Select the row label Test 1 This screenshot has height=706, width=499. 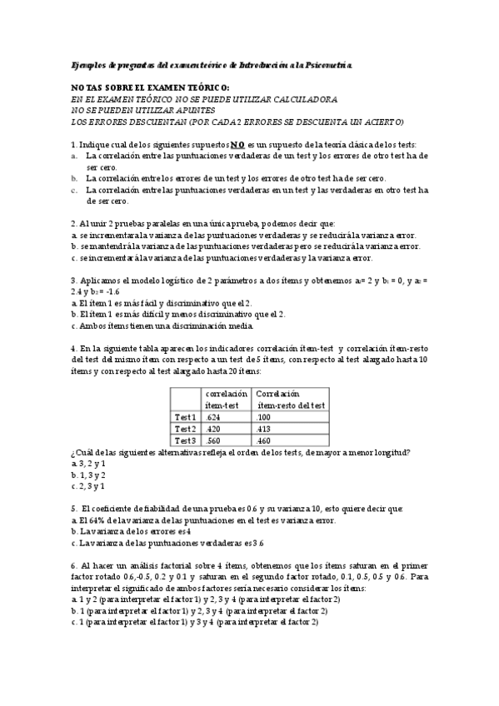coord(185,416)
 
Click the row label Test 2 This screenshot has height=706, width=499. coord(185,428)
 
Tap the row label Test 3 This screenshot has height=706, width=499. coord(185,440)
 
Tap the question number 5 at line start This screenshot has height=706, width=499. coord(73,508)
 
